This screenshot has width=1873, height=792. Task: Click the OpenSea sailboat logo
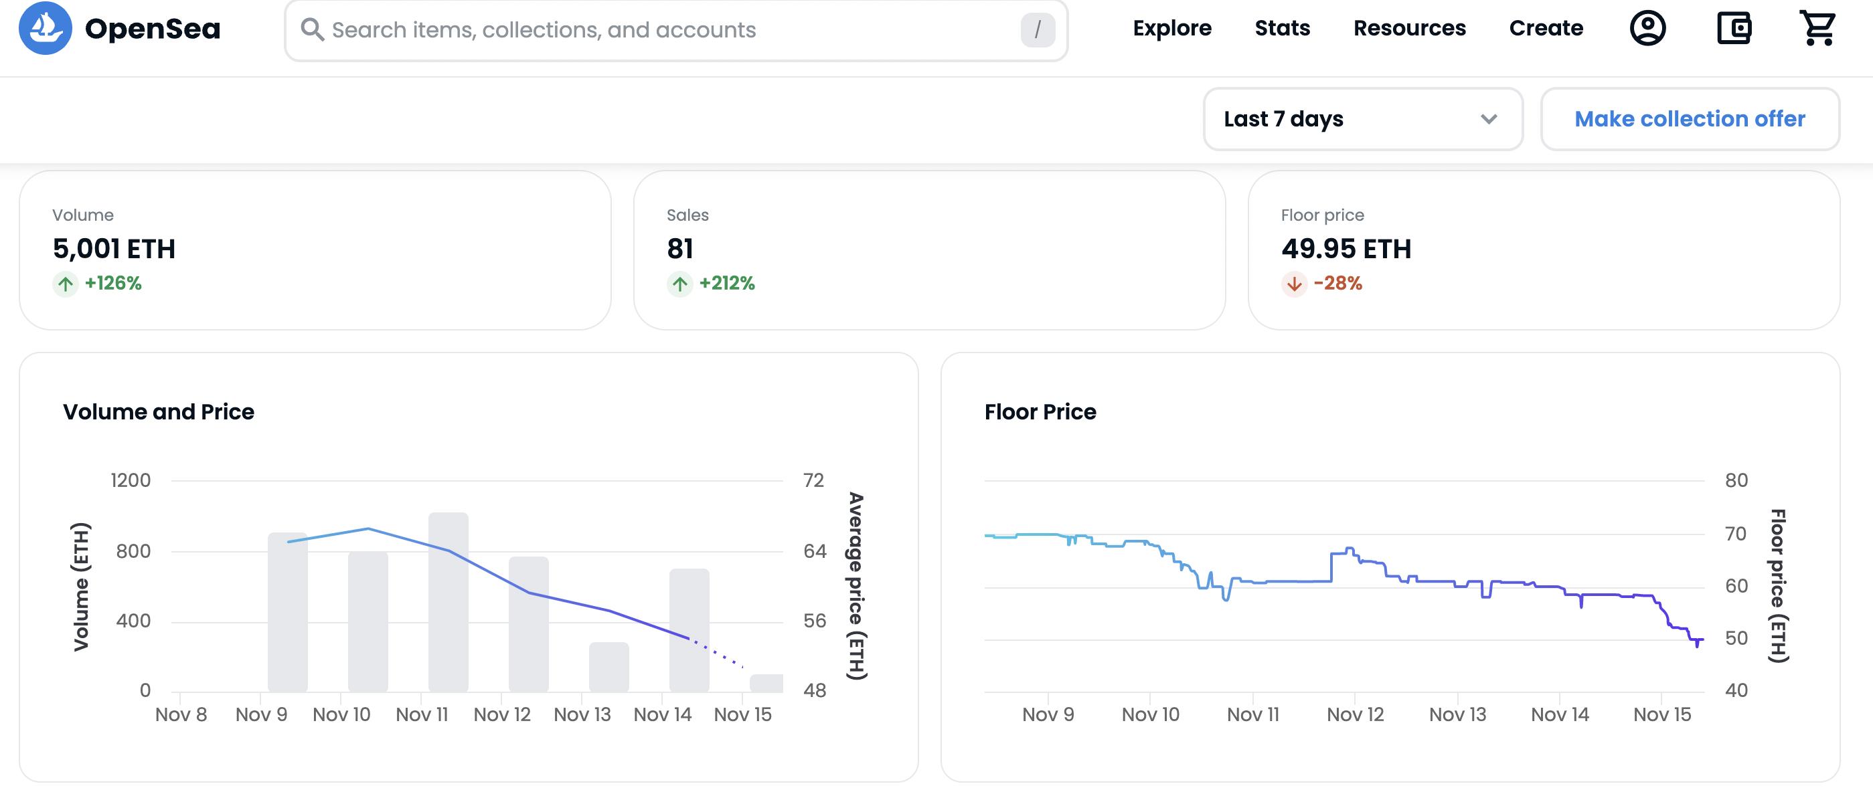45,28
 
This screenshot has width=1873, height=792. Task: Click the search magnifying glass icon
312,30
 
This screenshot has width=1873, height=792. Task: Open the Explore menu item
1172,28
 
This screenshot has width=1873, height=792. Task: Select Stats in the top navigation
1282,28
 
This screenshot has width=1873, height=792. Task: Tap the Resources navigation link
1409,28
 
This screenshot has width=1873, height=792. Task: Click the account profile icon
1647,28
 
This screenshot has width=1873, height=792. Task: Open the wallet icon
1733,28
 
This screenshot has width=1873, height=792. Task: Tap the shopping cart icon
1817,28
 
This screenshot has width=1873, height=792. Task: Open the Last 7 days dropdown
1362,119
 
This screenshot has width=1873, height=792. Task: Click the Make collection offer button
1689,119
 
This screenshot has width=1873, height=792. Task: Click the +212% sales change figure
726,284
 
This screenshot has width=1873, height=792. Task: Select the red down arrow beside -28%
1293,284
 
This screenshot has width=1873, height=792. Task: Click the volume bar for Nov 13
608,666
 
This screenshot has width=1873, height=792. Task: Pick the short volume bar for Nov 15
766,683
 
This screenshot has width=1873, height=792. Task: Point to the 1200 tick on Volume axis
131,480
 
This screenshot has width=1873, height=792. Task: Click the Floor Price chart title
1040,412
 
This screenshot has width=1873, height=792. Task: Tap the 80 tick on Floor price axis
1736,480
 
